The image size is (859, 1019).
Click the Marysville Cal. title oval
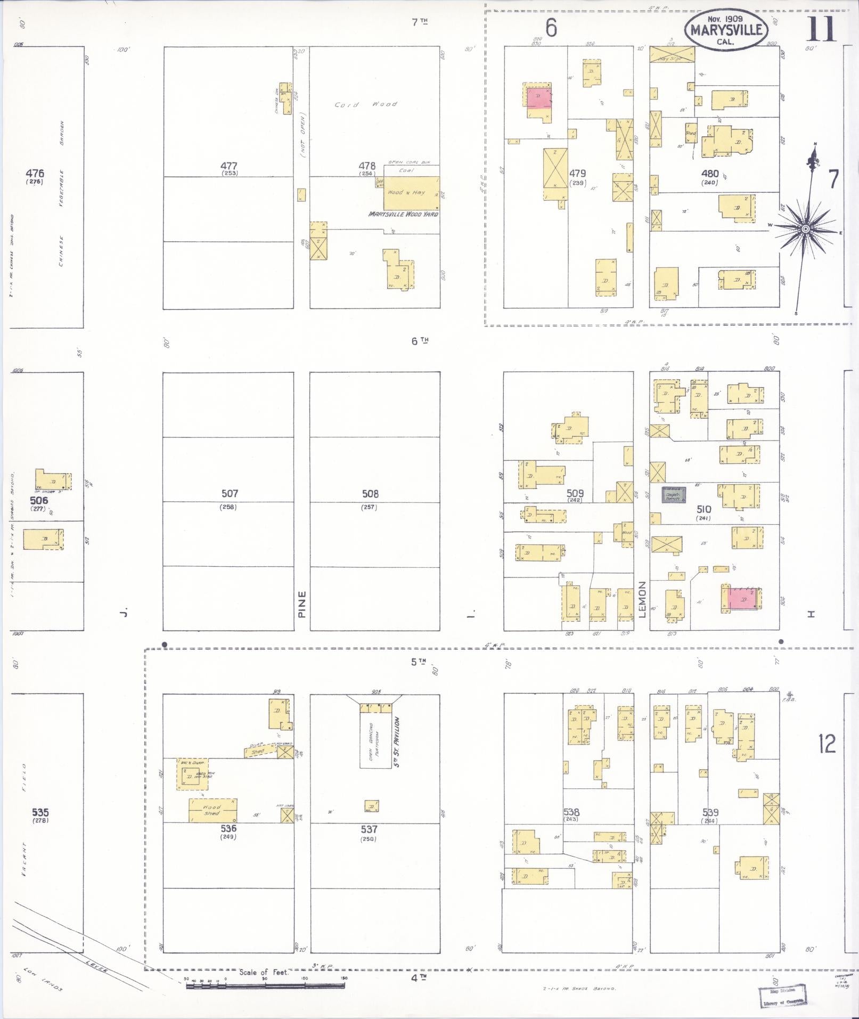pyautogui.click(x=726, y=30)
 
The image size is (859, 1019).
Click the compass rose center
pyautogui.click(x=806, y=229)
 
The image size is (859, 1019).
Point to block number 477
pyautogui.click(x=229, y=166)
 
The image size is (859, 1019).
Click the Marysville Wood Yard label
pyautogui.click(x=403, y=214)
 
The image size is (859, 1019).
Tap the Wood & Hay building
pyautogui.click(x=412, y=193)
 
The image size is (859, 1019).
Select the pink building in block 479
pyautogui.click(x=539, y=98)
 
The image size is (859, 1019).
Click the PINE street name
pyautogui.click(x=302, y=604)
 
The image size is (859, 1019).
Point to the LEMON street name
pyautogui.click(x=642, y=599)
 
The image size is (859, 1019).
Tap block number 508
pyautogui.click(x=370, y=494)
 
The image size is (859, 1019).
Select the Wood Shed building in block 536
pyautogui.click(x=212, y=810)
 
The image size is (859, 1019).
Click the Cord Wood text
pyautogui.click(x=365, y=104)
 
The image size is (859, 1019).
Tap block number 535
pyautogui.click(x=40, y=812)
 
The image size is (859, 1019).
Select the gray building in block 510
pyautogui.click(x=673, y=495)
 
